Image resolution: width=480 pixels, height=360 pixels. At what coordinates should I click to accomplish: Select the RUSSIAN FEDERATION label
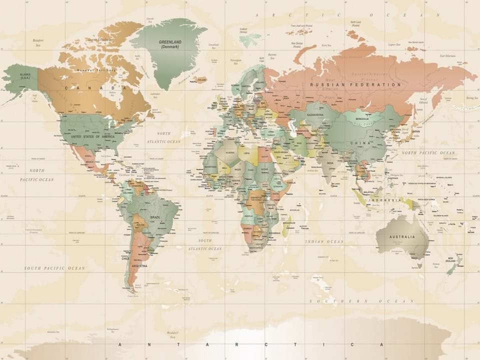(x=355, y=85)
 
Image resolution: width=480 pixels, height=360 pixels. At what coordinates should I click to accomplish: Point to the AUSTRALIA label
(x=402, y=236)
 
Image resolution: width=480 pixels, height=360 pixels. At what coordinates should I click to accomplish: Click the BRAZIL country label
(x=155, y=217)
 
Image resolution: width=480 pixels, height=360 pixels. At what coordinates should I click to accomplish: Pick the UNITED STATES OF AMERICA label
(x=92, y=136)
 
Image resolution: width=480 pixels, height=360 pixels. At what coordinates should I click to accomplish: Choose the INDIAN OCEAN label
(x=324, y=241)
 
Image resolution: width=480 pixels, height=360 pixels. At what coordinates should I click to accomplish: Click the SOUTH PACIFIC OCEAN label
(x=54, y=268)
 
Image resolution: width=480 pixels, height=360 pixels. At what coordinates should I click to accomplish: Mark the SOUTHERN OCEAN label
(x=361, y=301)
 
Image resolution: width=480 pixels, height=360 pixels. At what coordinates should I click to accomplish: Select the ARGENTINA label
(x=139, y=266)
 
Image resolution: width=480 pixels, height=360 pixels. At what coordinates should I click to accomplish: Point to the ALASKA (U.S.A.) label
(x=25, y=76)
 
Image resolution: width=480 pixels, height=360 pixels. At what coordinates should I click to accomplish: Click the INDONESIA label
(x=385, y=200)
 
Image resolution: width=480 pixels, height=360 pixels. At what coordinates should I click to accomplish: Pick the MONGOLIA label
(x=362, y=119)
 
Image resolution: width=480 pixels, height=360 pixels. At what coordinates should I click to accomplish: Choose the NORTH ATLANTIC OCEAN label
(x=163, y=137)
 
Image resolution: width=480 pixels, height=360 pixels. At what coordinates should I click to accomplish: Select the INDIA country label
(x=330, y=163)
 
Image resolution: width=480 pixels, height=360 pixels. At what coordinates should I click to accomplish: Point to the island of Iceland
(x=201, y=79)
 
